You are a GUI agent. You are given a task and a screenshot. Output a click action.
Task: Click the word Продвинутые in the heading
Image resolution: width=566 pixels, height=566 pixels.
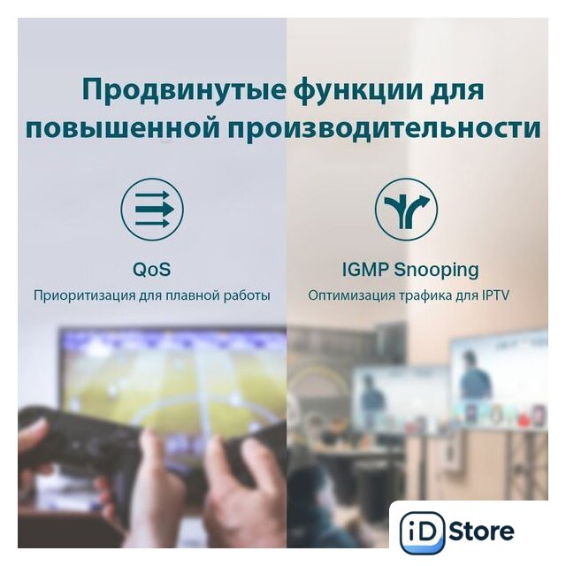coord(185,90)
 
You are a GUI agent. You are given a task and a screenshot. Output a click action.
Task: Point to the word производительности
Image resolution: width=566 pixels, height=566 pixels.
coord(384,129)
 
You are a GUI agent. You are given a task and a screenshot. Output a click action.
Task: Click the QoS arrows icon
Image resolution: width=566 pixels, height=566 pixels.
coord(152,210)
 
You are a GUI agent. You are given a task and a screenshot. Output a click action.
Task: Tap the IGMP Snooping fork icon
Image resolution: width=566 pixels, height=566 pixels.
coord(406,210)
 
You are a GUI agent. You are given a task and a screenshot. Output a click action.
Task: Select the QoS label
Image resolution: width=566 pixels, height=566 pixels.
coord(152,269)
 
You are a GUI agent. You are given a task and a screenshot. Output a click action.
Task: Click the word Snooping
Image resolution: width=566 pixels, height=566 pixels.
coord(436,271)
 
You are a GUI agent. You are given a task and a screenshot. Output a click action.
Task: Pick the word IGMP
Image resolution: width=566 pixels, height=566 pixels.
coord(365,270)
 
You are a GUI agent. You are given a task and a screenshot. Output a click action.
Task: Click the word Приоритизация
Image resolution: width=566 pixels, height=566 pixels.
coord(85,295)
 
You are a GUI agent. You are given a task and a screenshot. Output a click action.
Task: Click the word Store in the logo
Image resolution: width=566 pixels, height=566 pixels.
coord(481,531)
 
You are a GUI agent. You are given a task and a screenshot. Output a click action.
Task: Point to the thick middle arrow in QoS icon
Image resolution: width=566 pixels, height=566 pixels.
coord(155,210)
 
